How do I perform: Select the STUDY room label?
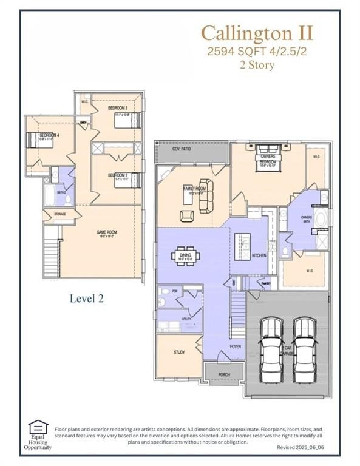click(x=178, y=352)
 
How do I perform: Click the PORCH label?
click(x=223, y=375)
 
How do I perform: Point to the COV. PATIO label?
click(x=180, y=148)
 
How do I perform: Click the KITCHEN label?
click(x=259, y=255)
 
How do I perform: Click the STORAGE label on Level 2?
click(x=59, y=214)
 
